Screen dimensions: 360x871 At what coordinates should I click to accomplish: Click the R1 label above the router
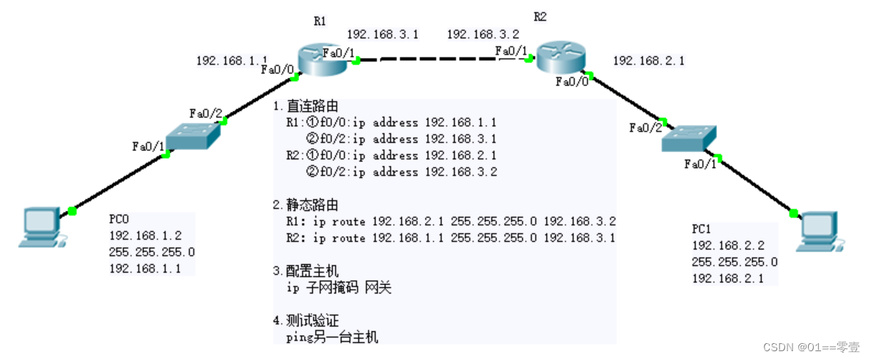tap(320, 21)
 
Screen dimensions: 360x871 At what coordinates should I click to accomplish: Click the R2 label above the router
tap(540, 17)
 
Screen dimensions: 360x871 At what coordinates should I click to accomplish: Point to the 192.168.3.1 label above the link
tap(382, 34)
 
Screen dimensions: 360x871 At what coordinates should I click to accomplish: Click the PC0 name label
tap(120, 219)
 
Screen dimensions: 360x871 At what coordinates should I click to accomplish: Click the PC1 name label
tap(701, 229)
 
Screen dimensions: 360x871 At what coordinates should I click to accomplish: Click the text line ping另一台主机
tap(331, 337)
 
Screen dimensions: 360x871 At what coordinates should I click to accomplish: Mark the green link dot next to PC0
tap(72, 211)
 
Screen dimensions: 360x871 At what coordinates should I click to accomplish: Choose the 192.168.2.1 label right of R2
tap(648, 62)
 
